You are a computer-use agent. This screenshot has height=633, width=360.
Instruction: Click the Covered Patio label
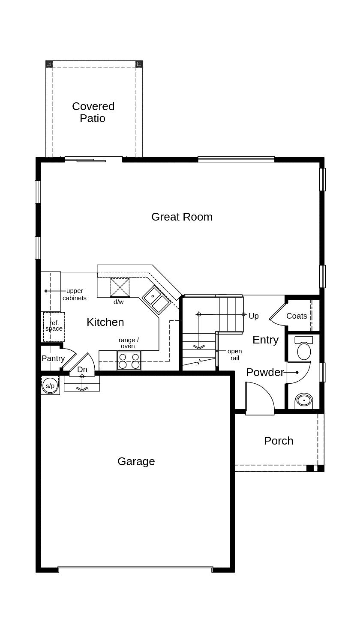click(x=93, y=112)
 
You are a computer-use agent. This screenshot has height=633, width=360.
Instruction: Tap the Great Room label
click(x=182, y=217)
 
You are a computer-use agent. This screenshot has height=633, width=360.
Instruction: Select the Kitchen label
click(x=105, y=322)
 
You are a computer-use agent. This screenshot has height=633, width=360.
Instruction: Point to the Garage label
click(x=136, y=461)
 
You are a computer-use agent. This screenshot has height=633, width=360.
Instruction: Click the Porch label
click(x=279, y=441)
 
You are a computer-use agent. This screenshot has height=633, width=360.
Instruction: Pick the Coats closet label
click(x=297, y=316)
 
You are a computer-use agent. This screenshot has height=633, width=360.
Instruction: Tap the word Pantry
click(x=53, y=358)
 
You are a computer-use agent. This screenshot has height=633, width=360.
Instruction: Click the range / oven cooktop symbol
click(x=129, y=361)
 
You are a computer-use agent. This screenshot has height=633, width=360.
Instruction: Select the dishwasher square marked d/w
click(x=120, y=287)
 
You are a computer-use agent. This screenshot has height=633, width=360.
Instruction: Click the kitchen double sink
click(x=156, y=299)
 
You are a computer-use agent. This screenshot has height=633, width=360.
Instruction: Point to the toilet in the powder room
click(x=304, y=349)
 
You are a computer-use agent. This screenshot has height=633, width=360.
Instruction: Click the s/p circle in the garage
click(x=50, y=386)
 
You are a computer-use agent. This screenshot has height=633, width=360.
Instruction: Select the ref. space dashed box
click(x=54, y=326)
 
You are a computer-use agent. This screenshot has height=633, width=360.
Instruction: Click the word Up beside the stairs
click(x=254, y=316)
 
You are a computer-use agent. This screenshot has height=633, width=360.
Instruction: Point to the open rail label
click(x=234, y=355)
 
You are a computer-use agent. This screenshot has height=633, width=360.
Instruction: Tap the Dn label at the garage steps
click(x=82, y=370)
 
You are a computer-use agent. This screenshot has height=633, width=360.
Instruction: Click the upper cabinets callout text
click(x=75, y=295)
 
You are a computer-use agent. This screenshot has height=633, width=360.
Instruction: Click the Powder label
click(x=265, y=372)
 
